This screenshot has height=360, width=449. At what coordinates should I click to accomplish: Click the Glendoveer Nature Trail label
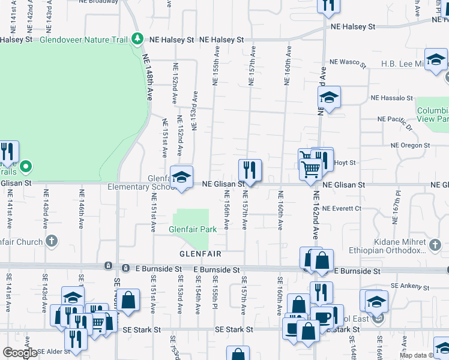[x=84, y=40]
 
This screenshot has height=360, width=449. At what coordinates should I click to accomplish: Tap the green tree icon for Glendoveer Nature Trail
[x=138, y=39]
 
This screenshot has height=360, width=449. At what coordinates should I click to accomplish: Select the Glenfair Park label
[x=192, y=229]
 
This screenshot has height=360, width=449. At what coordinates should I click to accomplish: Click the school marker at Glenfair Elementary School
[x=181, y=177]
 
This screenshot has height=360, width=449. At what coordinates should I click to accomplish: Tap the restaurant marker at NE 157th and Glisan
[x=249, y=169]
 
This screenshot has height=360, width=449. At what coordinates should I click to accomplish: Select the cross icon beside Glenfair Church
[x=52, y=242]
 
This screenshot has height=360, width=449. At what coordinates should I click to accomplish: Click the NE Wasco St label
[x=348, y=62]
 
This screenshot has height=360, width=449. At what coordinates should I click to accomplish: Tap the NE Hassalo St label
[x=391, y=97]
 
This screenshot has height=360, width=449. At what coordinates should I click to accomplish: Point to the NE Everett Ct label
[x=341, y=208]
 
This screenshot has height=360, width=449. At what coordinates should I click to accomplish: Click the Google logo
[x=20, y=352]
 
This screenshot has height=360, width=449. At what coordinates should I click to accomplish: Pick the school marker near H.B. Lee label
[x=436, y=59]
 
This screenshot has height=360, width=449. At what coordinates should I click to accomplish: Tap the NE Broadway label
[x=98, y=1]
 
